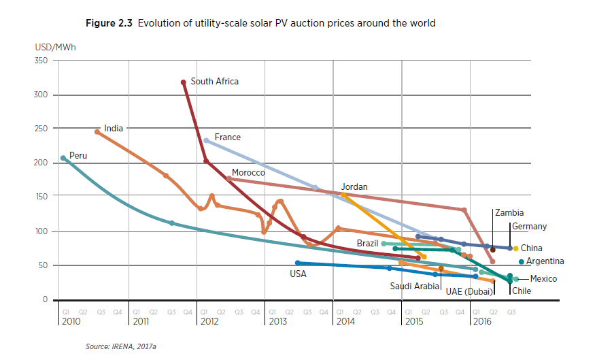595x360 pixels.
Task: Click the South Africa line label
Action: [214, 82]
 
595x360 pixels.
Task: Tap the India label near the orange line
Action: [113, 128]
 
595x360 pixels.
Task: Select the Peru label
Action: [78, 156]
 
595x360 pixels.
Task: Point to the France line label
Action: [227, 137]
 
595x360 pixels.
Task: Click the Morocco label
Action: [248, 173]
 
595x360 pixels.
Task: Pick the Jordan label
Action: [354, 187]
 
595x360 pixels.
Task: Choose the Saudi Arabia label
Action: [415, 287]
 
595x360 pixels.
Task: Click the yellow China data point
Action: [516, 248]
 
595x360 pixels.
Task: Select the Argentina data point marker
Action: [522, 262]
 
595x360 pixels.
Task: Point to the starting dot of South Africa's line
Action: [184, 82]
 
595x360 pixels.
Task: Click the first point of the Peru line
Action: [63, 158]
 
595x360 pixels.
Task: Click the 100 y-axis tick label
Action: [41, 231]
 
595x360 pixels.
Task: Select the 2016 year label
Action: [481, 321]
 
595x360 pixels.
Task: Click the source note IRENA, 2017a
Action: [121, 347]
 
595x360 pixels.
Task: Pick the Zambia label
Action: [509, 213]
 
